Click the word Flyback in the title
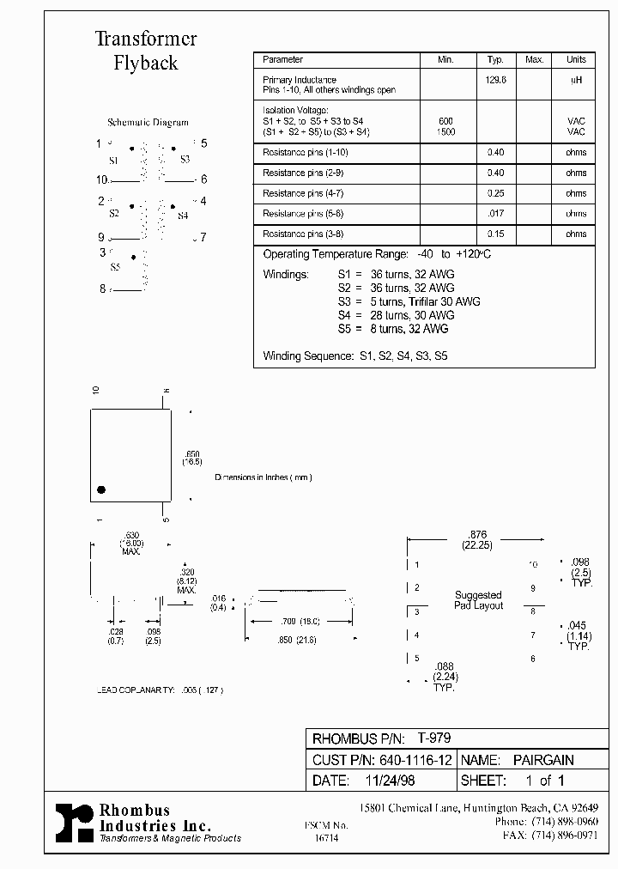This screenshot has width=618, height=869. [x=145, y=64]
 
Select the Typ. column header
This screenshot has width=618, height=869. [x=495, y=60]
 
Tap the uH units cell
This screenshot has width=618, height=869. [x=576, y=79]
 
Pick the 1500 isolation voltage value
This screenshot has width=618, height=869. [x=445, y=132]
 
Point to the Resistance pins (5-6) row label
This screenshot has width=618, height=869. [x=306, y=214]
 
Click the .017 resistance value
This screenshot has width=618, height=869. [x=495, y=214]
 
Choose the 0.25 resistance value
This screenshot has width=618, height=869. [x=495, y=193]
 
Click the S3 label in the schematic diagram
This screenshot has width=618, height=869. [x=185, y=161]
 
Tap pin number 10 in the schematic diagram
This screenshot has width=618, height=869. [x=102, y=179]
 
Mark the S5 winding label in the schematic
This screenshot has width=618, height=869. [x=115, y=268]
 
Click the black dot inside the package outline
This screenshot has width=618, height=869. [x=101, y=489]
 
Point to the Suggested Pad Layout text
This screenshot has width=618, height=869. [x=478, y=600]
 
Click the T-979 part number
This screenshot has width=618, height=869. [x=434, y=738]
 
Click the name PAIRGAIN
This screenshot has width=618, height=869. [x=543, y=760]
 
